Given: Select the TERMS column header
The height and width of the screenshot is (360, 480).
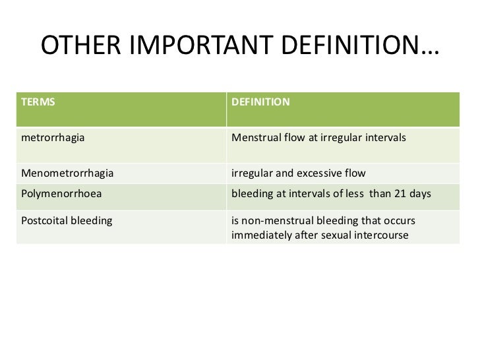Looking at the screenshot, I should (x=38, y=103).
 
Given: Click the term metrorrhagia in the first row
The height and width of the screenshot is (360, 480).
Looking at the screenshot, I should (x=53, y=139).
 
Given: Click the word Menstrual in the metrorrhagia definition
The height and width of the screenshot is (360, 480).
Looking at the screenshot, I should (x=254, y=139).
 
